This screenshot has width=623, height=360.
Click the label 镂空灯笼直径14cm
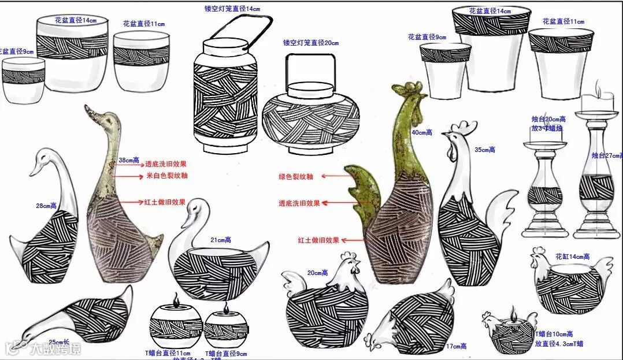232,9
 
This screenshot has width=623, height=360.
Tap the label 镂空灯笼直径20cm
310,42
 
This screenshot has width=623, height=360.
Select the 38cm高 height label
128,160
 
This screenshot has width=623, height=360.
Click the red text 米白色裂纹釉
166,175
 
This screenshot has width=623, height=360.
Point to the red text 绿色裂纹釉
295,176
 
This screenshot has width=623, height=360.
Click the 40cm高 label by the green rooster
421,132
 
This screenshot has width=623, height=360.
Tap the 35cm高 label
484,150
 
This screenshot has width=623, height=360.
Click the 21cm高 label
220,240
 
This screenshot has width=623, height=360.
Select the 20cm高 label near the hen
318,273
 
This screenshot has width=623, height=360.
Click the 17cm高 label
456,346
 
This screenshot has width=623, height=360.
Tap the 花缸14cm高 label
572,256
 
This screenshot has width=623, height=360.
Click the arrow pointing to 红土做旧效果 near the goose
129,202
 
